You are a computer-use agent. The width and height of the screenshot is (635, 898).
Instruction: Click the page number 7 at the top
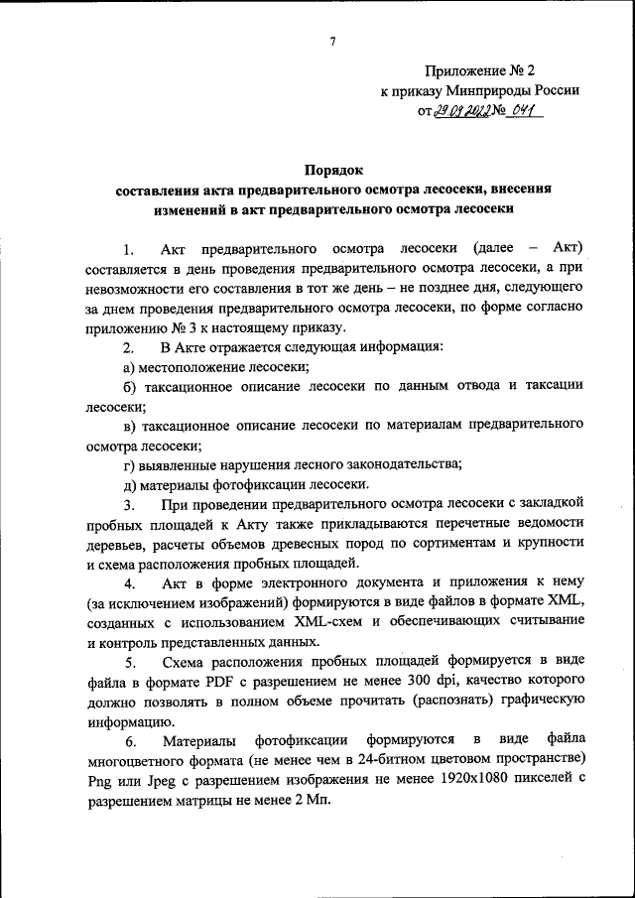click(333, 41)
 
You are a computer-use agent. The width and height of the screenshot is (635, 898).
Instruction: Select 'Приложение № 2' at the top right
click(479, 70)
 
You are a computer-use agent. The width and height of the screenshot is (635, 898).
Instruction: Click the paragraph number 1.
click(126, 247)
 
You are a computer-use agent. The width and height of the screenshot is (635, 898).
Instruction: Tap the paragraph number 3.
click(127, 507)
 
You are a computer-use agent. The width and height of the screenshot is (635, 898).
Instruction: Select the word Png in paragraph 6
click(100, 780)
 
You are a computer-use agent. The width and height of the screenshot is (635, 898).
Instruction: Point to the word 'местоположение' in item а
click(190, 367)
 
